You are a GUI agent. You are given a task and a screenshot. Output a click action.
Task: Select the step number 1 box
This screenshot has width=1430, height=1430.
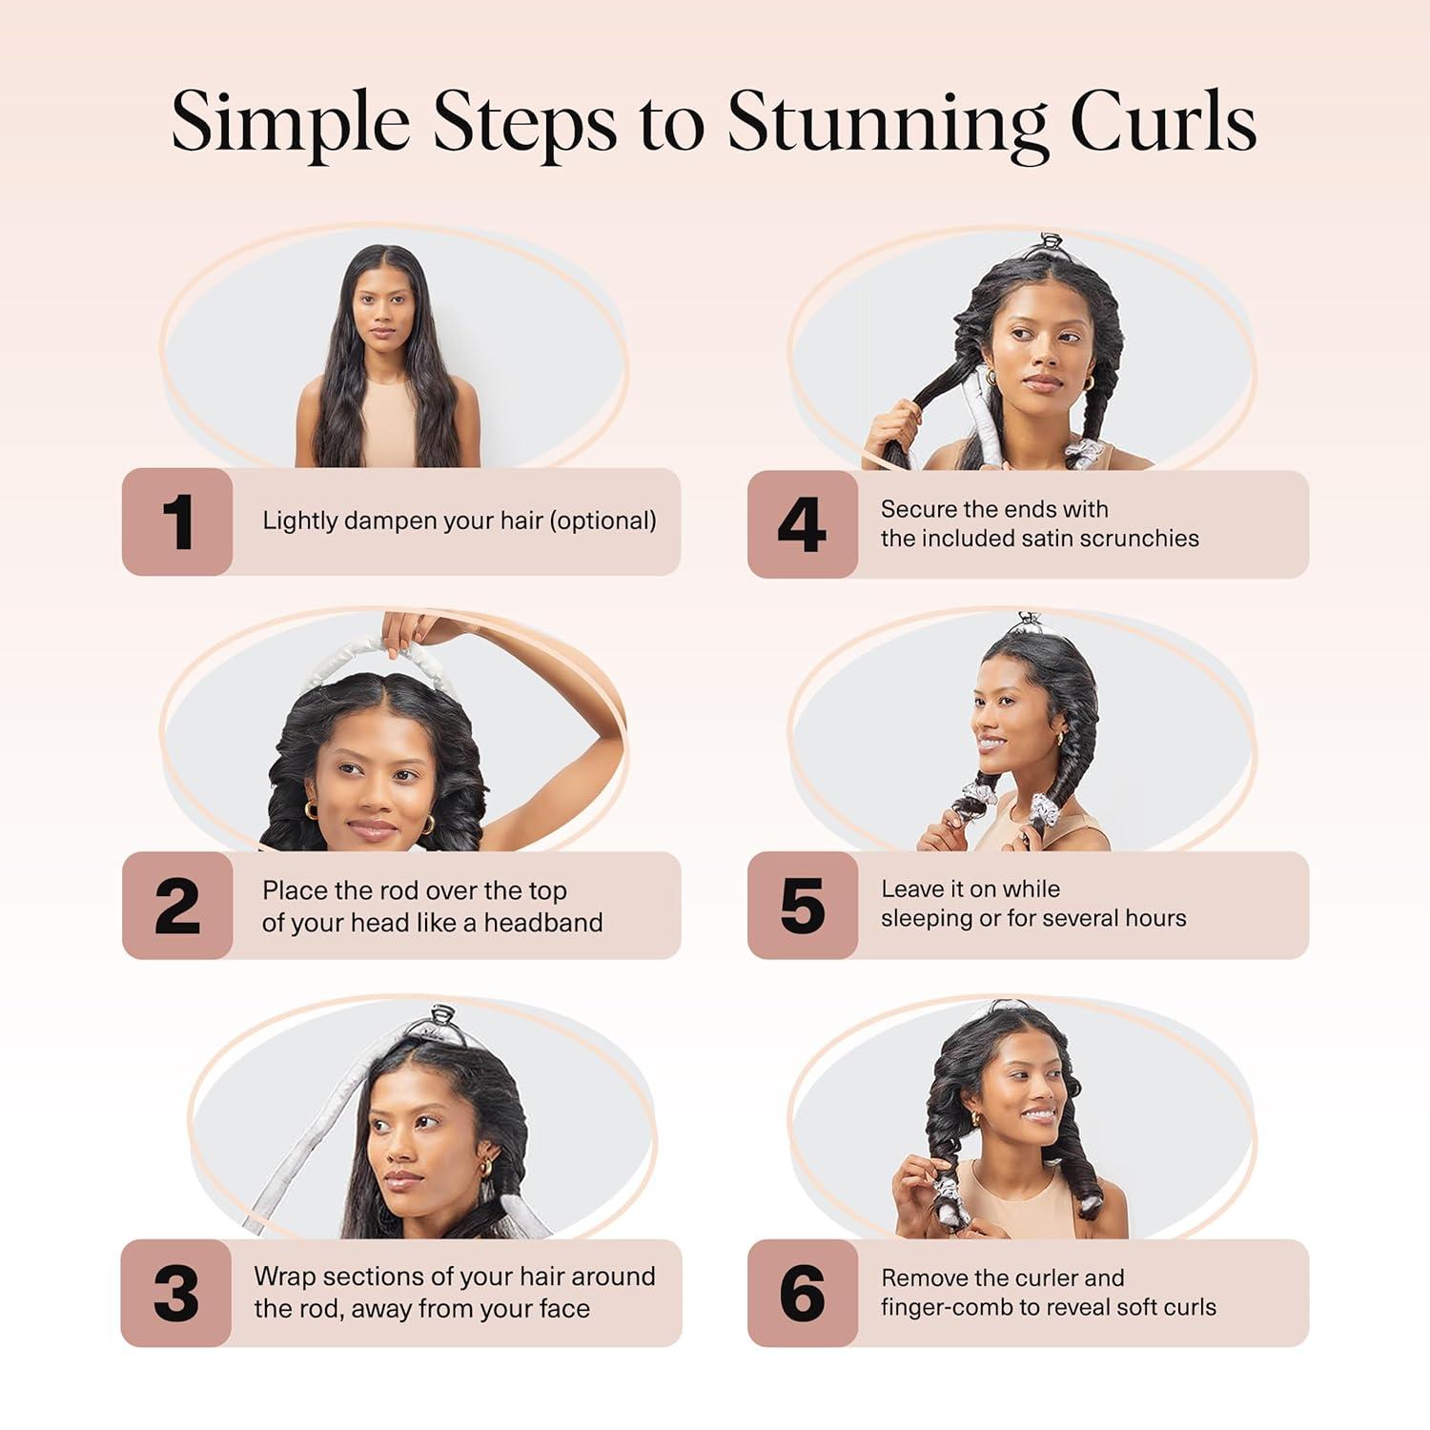(x=177, y=521)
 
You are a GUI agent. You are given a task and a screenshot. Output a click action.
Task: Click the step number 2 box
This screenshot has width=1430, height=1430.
(x=177, y=906)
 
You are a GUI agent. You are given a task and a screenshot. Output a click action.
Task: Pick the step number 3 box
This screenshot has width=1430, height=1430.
(x=176, y=1294)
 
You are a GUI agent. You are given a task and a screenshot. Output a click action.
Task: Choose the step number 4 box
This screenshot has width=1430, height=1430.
(x=802, y=524)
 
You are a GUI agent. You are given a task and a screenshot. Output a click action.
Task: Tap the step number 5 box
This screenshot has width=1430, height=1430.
(x=802, y=906)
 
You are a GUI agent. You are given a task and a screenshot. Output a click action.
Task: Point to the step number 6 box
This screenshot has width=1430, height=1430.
(x=802, y=1294)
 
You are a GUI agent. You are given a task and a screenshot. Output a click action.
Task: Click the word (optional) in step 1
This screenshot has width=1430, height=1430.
(x=604, y=521)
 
